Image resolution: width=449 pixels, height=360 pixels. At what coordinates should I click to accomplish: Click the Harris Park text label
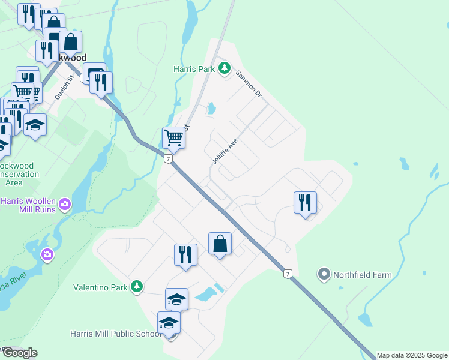194,69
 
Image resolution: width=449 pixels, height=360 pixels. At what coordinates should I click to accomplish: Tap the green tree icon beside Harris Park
224,69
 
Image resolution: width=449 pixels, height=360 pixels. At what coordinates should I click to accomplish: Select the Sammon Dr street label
249,84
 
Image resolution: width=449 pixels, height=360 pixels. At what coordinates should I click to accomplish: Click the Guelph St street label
64,87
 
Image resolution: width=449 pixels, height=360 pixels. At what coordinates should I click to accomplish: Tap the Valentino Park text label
100,287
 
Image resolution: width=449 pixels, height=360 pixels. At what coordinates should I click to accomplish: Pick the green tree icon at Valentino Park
137,287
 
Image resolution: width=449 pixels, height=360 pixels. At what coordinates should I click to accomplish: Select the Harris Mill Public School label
115,334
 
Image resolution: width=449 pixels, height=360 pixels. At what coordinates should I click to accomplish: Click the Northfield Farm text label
363,275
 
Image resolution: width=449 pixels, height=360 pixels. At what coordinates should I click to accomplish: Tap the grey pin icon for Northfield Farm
324,275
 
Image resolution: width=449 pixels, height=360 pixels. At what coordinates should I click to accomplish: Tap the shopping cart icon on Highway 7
173,137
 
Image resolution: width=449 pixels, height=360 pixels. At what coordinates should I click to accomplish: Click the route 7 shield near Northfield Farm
288,274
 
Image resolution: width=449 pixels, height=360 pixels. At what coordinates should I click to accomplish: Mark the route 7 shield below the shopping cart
169,158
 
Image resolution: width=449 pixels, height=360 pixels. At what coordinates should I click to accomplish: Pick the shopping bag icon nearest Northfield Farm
220,244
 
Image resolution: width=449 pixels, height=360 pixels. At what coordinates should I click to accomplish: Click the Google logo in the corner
19,353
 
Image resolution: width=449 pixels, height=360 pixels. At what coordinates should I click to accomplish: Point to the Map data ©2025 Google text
412,355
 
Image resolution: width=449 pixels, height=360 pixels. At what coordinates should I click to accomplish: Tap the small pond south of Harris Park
211,109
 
